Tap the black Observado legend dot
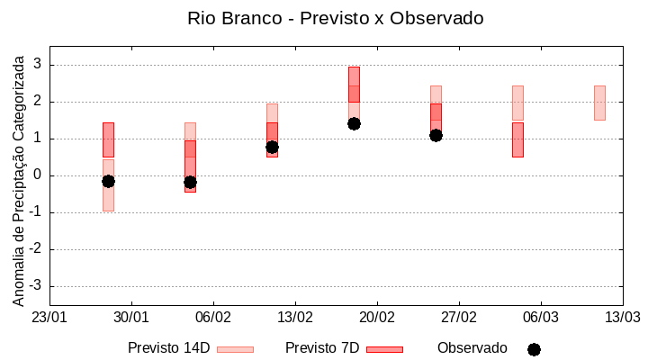tap(534, 349)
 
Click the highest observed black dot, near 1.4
tap(354, 123)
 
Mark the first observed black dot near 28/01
tap(108, 181)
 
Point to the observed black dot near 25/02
tap(436, 135)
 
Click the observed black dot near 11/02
tap(272, 147)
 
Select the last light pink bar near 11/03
tap(599, 103)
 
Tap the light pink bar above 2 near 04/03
tap(517, 103)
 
